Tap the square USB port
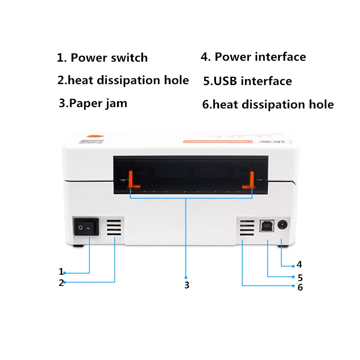(265, 226)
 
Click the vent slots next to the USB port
(246, 228)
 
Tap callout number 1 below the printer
(61, 271)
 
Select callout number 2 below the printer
(61, 283)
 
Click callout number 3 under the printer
(186, 285)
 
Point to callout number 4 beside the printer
(299, 265)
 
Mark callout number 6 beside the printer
(300, 287)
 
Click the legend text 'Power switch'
(109, 58)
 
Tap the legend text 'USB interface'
(252, 81)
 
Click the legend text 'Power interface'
(260, 57)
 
